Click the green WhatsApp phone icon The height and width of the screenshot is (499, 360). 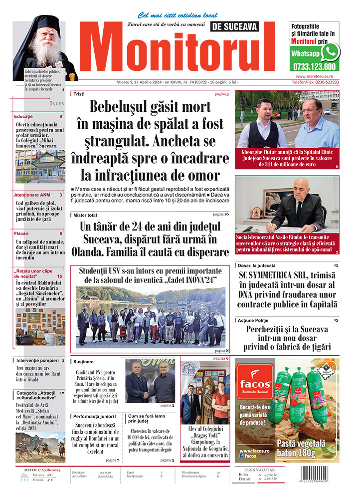point(330,52)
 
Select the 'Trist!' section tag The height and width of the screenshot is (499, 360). point(78,94)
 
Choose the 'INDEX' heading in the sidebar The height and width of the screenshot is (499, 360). point(57,103)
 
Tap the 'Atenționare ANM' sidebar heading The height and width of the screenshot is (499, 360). point(31,195)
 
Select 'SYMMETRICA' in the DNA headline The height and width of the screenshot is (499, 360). point(282,275)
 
